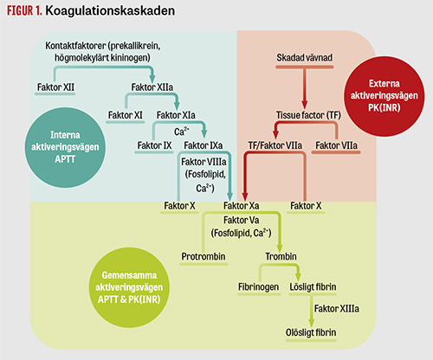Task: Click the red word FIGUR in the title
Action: (x=20, y=10)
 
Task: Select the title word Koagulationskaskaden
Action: (x=110, y=10)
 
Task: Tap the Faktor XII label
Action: (x=55, y=87)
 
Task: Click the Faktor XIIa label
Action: (x=152, y=87)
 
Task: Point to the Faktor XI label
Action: (x=126, y=115)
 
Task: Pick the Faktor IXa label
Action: (x=204, y=145)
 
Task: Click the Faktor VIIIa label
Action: (x=204, y=162)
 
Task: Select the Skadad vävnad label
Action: (x=305, y=58)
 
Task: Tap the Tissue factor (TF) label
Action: (x=308, y=115)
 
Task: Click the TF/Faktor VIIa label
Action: (x=275, y=145)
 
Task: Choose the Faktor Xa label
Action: (x=242, y=206)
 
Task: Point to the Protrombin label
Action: (x=204, y=256)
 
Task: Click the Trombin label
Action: (x=281, y=256)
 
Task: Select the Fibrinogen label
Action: (x=258, y=287)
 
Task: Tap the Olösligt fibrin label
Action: (x=311, y=332)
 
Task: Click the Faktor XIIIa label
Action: (x=337, y=309)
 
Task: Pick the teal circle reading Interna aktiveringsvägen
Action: (x=65, y=147)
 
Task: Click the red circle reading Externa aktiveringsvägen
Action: (x=385, y=96)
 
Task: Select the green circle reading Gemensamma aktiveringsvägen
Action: (x=129, y=287)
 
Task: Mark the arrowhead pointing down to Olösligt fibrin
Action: (x=311, y=323)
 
